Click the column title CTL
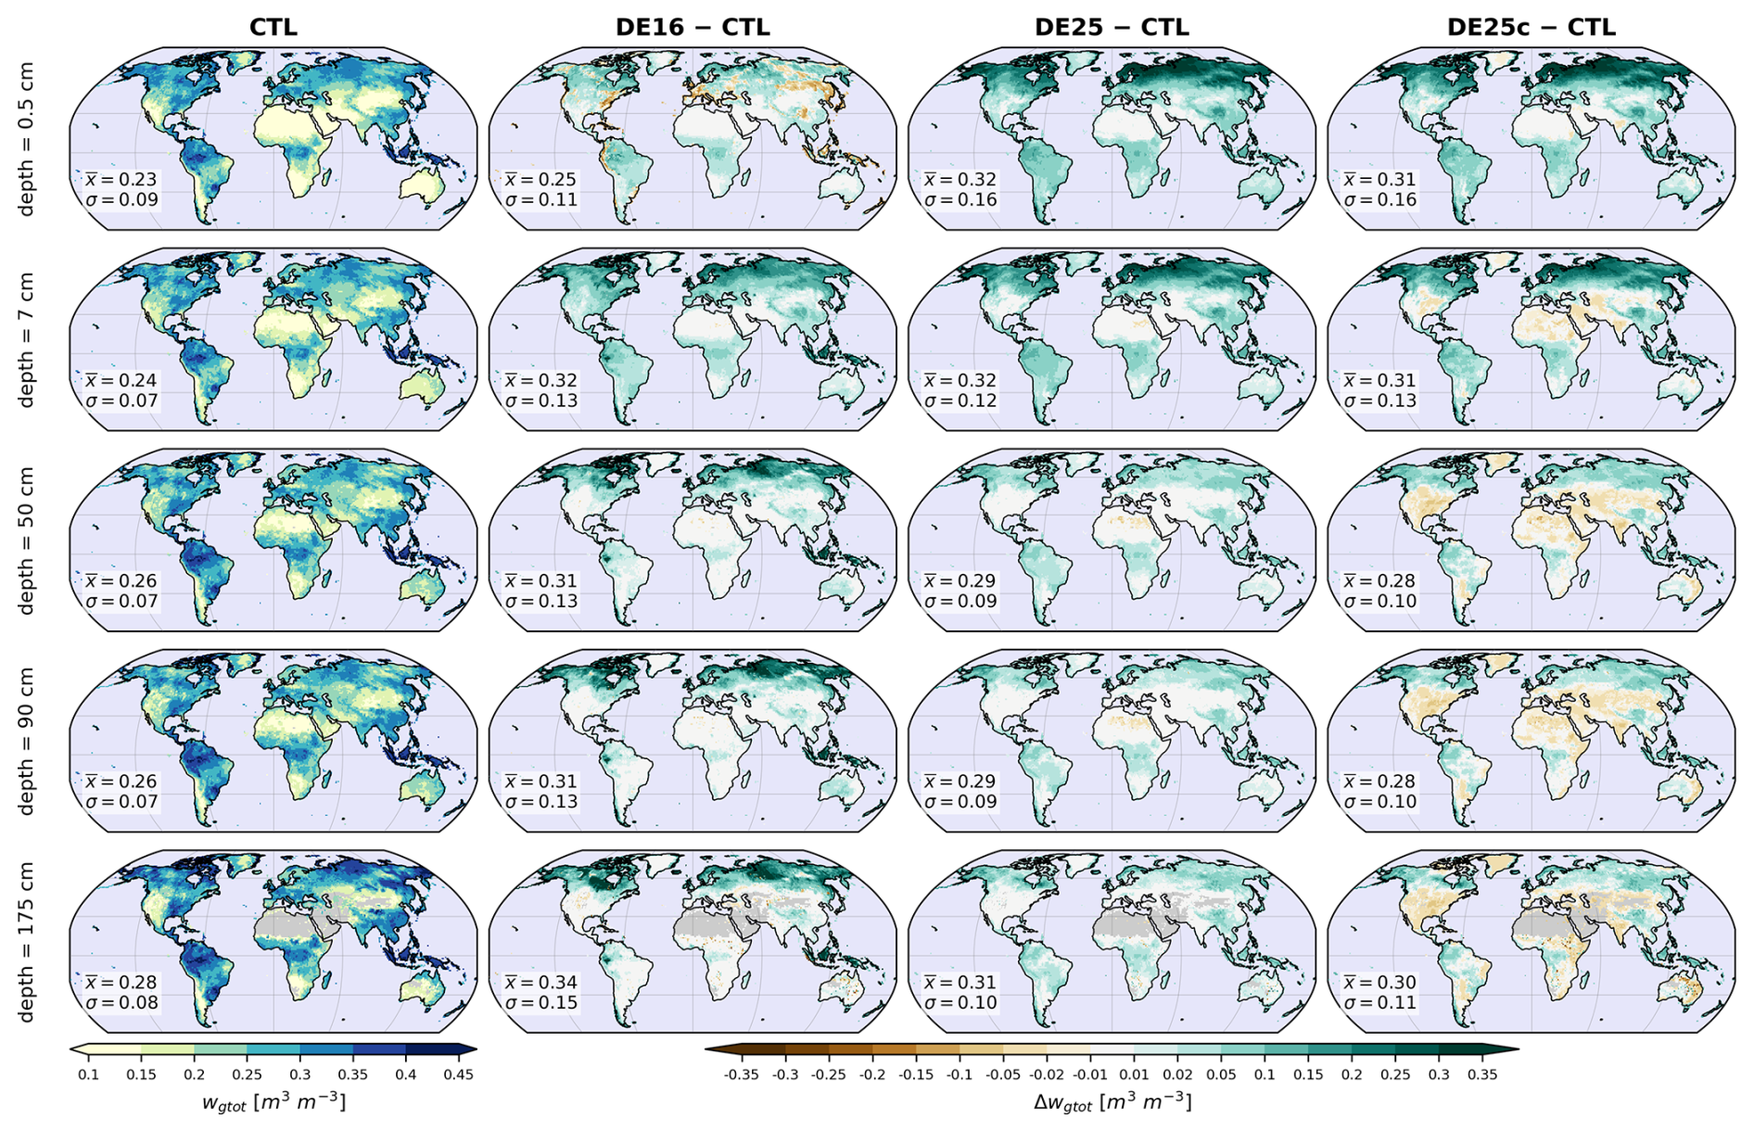[x=273, y=28]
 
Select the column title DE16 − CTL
[x=693, y=28]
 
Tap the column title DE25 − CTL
[x=1112, y=28]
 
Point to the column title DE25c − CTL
[x=1531, y=28]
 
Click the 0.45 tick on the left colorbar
[x=459, y=1075]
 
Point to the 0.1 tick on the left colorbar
[x=88, y=1075]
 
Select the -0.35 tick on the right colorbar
[x=740, y=1075]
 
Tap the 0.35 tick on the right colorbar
[x=1482, y=1075]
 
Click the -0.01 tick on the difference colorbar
[x=1090, y=1075]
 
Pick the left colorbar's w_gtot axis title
[x=273, y=1102]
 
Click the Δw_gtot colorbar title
[x=1112, y=1102]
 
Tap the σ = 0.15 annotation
[x=541, y=1003]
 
